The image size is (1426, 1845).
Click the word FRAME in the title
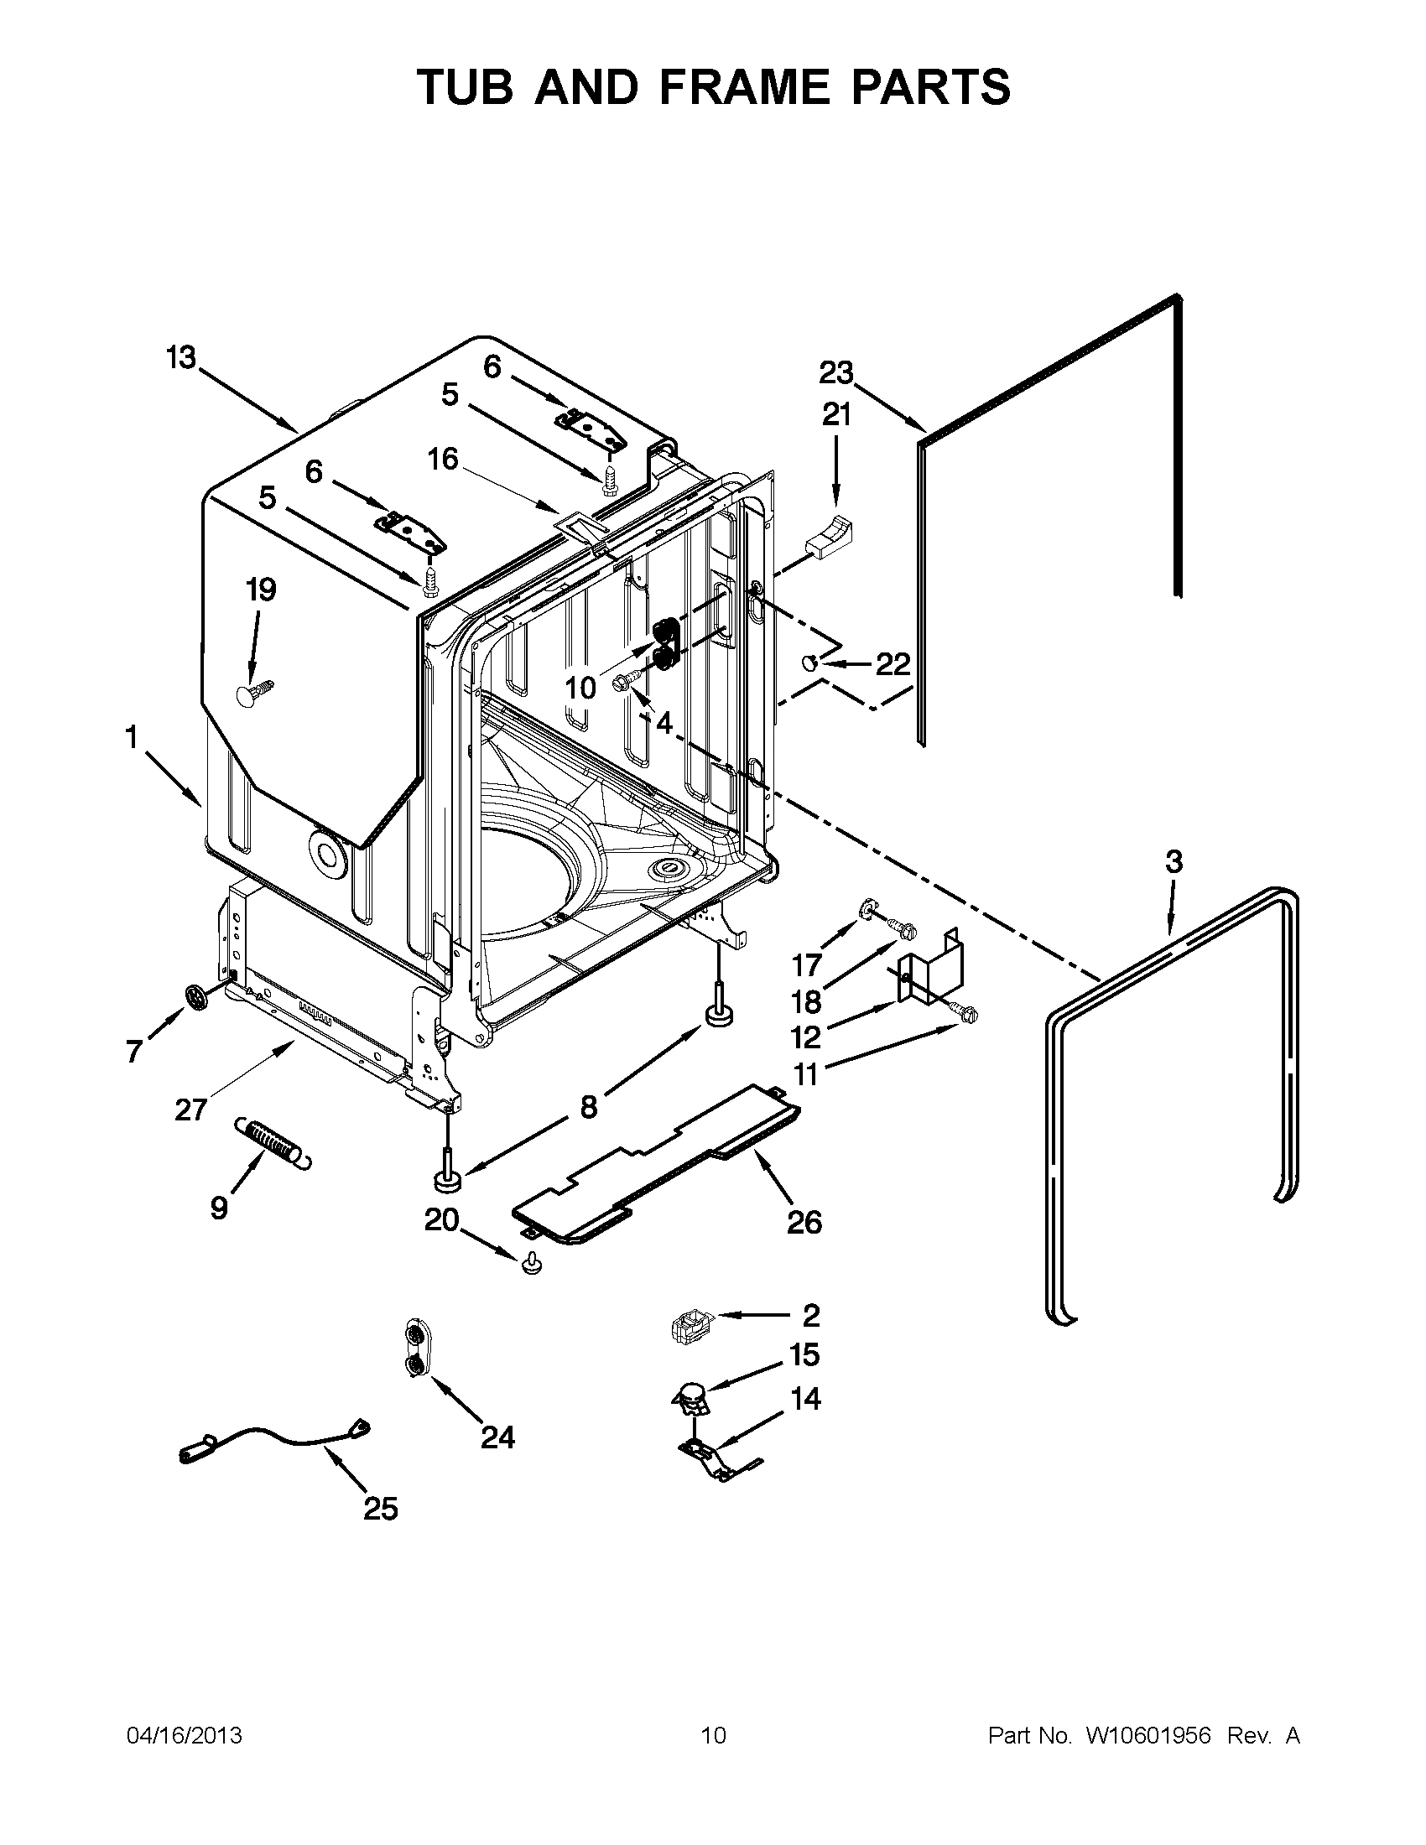pyautogui.click(x=744, y=87)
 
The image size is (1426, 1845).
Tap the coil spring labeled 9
pyautogui.click(x=272, y=1144)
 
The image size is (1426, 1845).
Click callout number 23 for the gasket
pyautogui.click(x=836, y=372)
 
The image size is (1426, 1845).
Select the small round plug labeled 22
pyautogui.click(x=809, y=662)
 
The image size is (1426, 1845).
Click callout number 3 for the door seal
pyautogui.click(x=1174, y=862)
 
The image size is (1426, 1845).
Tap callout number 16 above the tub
pyautogui.click(x=443, y=459)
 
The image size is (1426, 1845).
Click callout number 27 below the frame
pyautogui.click(x=191, y=1109)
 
